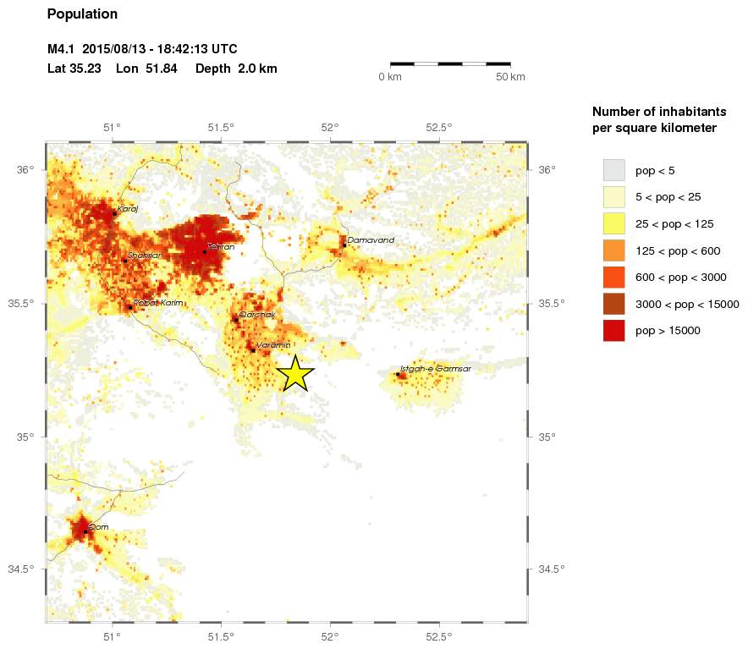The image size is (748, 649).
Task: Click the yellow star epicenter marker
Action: (294, 372)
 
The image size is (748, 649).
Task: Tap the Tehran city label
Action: (220, 247)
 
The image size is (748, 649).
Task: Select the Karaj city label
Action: (126, 208)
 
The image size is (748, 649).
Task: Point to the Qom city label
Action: (98, 526)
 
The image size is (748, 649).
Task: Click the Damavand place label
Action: (371, 240)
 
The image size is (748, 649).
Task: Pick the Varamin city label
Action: (273, 345)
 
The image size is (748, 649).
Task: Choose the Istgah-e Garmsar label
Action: (435, 369)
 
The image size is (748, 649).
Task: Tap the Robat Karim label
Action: (158, 302)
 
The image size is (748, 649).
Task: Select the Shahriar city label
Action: (144, 255)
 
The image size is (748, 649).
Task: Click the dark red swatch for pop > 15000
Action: (613, 331)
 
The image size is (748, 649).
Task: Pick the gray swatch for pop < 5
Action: (613, 170)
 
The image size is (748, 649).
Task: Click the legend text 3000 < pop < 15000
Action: (687, 304)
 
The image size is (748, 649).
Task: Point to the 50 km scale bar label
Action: (510, 77)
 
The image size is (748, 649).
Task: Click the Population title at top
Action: (82, 14)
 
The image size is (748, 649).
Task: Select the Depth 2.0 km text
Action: (236, 69)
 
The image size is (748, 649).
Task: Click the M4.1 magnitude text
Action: (61, 49)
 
